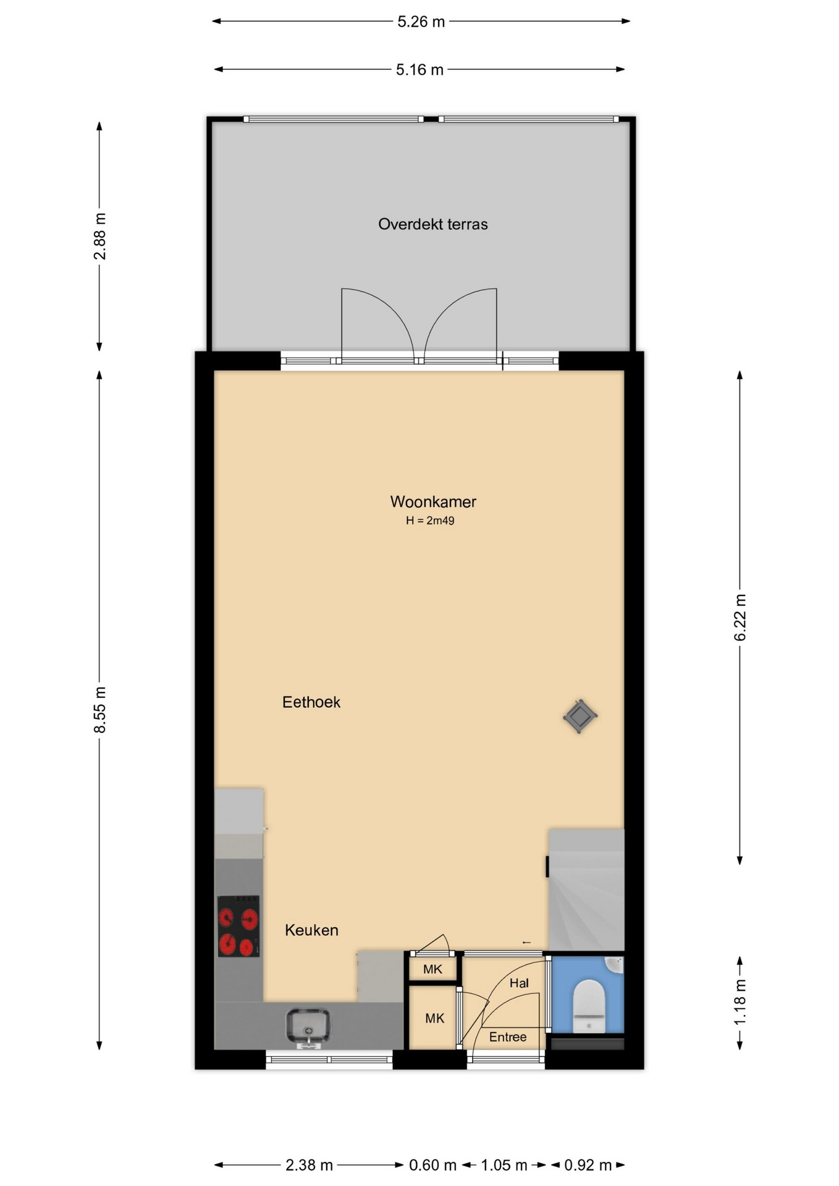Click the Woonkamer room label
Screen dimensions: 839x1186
[433, 502]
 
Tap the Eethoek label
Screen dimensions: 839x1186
[311, 702]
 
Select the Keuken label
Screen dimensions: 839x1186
[311, 930]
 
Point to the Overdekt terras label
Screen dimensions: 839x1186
[433, 224]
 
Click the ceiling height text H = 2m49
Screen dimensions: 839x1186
[430, 521]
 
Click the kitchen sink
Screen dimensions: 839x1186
[308, 1028]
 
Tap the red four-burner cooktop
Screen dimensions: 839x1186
[238, 927]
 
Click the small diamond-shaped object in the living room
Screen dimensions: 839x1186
[580, 717]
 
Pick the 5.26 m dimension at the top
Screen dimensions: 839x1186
[421, 22]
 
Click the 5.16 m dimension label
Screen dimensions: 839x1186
[420, 70]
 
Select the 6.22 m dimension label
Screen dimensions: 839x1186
[740, 618]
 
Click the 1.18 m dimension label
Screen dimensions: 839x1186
[740, 1002]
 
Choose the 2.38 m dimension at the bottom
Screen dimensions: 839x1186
[309, 1166]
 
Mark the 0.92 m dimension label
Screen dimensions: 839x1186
[588, 1166]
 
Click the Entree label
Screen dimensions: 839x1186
[508, 1037]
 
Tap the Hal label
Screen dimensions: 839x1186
[519, 983]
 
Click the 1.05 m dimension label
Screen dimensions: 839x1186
[504, 1166]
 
